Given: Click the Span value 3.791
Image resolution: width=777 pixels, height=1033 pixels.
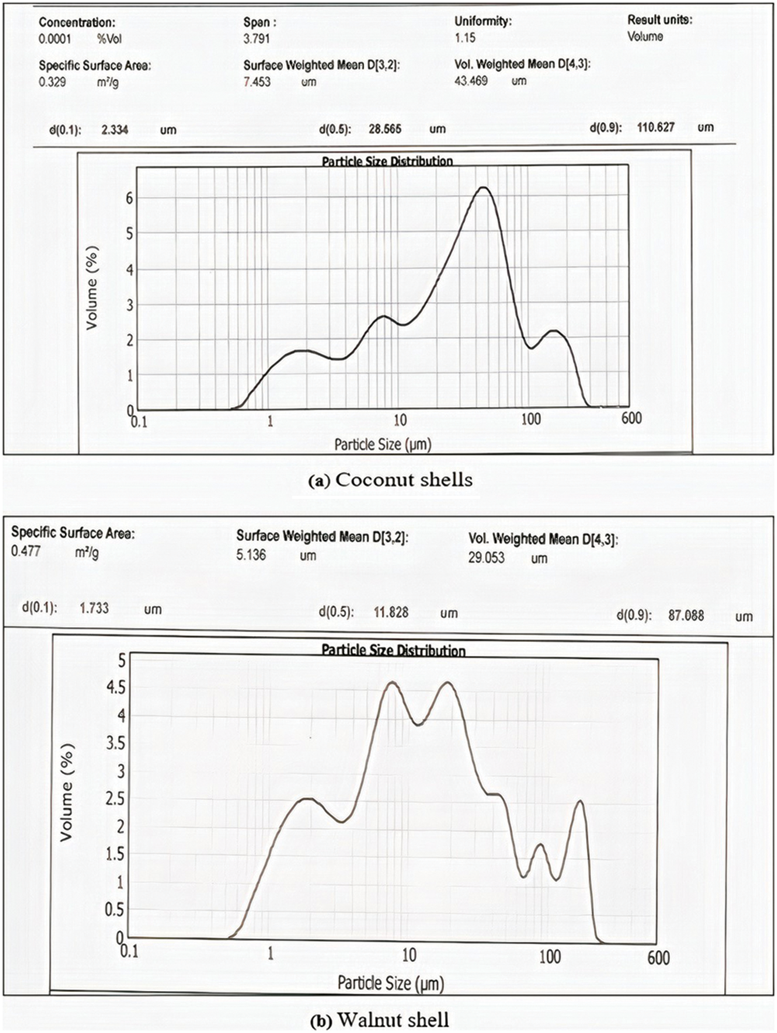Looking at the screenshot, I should point(256,38).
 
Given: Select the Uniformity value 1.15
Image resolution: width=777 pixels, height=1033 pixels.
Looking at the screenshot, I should point(465,37).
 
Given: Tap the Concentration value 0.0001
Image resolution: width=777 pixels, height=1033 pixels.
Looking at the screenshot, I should point(55,39).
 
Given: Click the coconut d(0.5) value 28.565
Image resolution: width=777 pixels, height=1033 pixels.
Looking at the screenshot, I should point(385,128).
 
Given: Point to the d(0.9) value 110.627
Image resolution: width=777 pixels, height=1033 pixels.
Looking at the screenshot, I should point(655,127).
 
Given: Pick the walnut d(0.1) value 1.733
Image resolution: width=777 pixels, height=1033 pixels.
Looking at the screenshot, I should point(94,608).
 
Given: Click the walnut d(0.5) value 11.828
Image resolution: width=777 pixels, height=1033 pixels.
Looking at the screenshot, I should point(391,612).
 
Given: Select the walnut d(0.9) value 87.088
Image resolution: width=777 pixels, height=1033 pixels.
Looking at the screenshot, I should point(686,615).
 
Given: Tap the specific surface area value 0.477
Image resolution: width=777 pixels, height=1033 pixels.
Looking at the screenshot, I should point(26,551).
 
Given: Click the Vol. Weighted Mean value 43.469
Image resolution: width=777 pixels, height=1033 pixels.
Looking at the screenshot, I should point(471,81).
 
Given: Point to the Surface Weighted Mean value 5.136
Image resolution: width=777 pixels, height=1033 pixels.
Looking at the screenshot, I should point(251,555).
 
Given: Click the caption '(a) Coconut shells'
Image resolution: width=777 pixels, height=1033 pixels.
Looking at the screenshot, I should point(390,480).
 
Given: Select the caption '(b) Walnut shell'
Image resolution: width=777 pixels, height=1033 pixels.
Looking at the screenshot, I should point(380,1020).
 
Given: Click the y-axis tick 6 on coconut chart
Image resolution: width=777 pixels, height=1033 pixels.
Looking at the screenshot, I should point(129,198).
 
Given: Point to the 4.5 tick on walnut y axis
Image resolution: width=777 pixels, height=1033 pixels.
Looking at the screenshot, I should point(116,687).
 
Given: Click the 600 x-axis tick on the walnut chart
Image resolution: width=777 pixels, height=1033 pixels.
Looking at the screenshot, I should point(658,958).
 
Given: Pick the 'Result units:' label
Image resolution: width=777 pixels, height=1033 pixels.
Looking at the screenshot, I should point(659,20).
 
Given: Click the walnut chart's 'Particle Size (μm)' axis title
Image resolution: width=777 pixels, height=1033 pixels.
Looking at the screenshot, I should point(391,983).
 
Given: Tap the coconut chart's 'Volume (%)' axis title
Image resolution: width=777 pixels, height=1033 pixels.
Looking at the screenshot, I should point(92,288).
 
